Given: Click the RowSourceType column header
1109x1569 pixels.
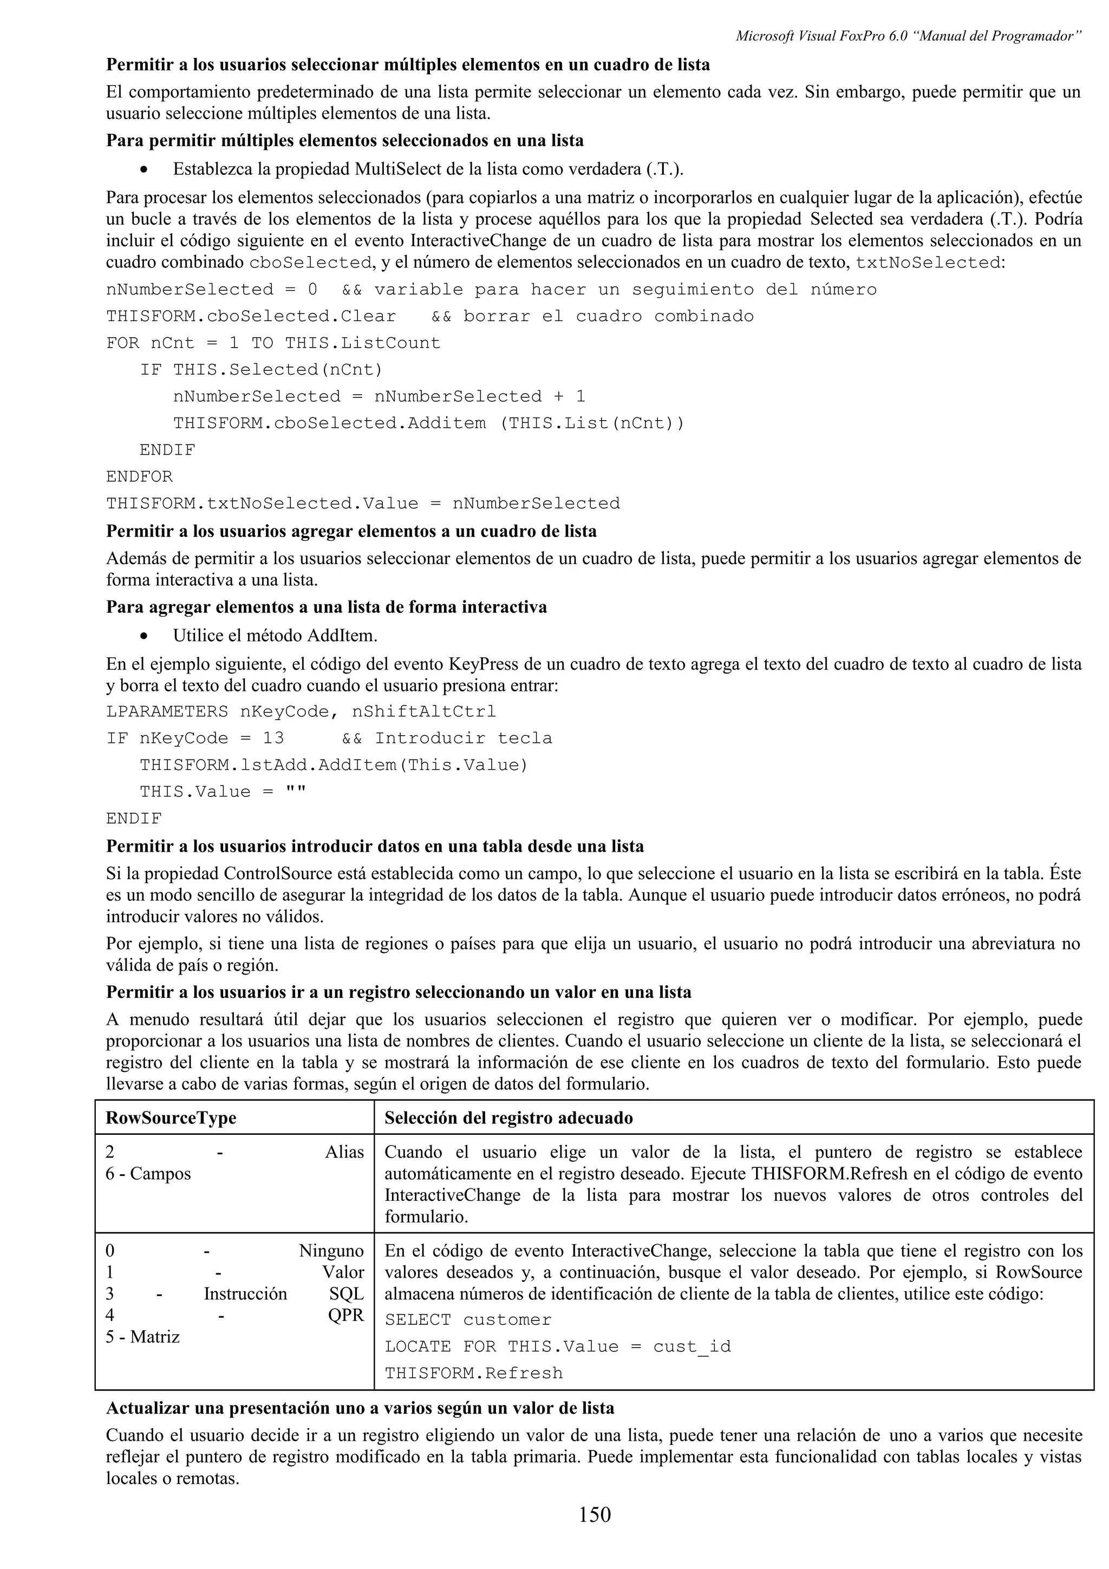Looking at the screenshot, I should (x=171, y=1117).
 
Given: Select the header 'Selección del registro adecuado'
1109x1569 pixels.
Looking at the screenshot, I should (x=508, y=1117).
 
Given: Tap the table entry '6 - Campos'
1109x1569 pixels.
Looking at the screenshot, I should (x=148, y=1173).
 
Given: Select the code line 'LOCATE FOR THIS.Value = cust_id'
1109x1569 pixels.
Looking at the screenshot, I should (x=558, y=1346).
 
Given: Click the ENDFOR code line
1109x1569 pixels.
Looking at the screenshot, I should (x=139, y=476).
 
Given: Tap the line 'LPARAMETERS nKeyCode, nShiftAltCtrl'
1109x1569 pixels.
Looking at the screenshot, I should (x=301, y=711).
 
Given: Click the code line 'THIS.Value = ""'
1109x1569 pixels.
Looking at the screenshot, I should (x=223, y=792).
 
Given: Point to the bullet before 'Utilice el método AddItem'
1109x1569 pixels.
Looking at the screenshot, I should (x=143, y=636).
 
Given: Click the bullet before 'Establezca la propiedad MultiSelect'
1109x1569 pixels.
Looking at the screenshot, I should (x=143, y=169).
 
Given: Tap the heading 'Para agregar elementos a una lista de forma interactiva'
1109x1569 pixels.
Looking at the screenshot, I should (x=327, y=607).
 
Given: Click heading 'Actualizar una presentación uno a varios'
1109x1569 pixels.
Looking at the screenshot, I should (x=360, y=1408).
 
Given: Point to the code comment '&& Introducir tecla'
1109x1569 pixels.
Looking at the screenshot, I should (x=446, y=738).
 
